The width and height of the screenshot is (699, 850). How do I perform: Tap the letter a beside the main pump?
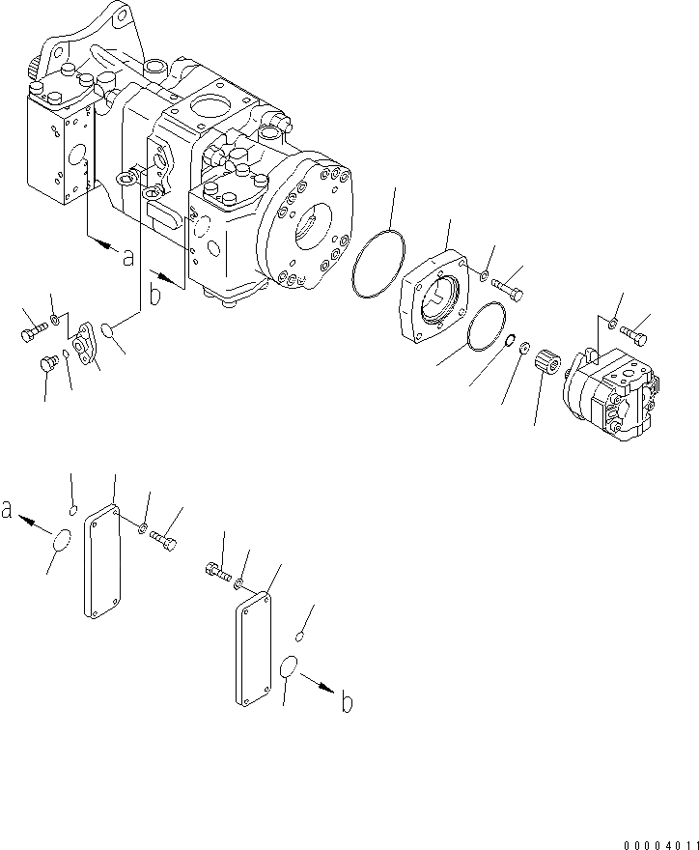pyautogui.click(x=126, y=259)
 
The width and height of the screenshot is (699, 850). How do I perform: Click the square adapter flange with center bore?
pyautogui.click(x=438, y=300)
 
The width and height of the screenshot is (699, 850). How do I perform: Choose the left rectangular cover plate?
pyautogui.click(x=100, y=563)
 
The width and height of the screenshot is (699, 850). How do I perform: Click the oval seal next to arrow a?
pyautogui.click(x=61, y=543)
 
